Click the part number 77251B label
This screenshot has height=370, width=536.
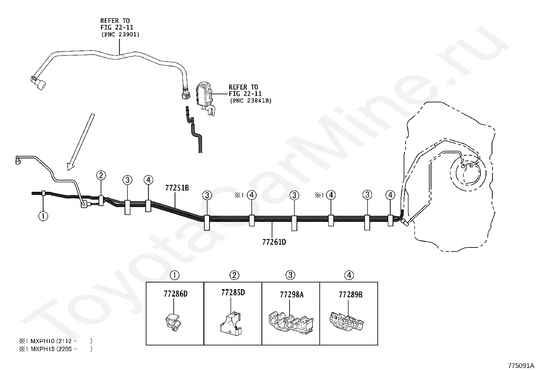click(x=177, y=188)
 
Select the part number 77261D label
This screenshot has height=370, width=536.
click(x=274, y=242)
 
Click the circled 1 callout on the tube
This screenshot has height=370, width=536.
click(x=43, y=216)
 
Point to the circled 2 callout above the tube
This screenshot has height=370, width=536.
click(x=101, y=175)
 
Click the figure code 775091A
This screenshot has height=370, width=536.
click(x=521, y=365)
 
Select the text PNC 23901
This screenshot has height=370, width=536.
click(x=120, y=34)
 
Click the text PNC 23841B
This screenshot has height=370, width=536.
click(x=250, y=100)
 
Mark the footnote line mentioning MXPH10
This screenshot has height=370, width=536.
click(x=55, y=340)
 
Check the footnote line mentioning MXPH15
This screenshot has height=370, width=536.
click(x=55, y=349)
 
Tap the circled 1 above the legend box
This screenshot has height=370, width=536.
click(x=174, y=275)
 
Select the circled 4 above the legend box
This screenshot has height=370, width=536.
click(x=349, y=275)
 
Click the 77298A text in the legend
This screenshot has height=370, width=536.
click(x=291, y=295)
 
